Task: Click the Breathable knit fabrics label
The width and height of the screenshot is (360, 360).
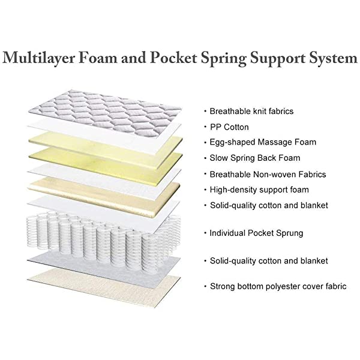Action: [x=252, y=112]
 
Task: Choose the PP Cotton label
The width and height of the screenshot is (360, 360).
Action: [x=229, y=127]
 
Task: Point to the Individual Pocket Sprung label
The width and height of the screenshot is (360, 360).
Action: [x=256, y=233]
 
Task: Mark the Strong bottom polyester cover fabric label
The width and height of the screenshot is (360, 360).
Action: [x=278, y=286]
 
